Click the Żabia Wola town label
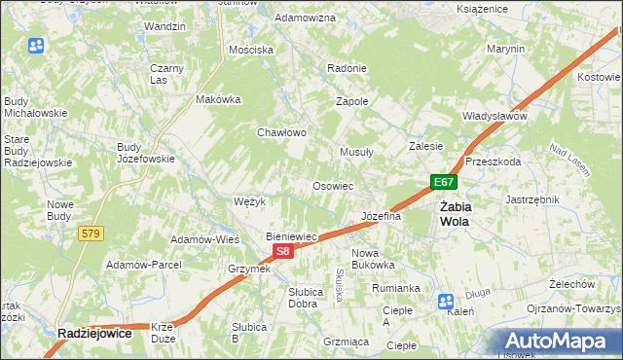[x=455, y=213]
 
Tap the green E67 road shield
[x=444, y=182]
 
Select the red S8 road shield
[x=281, y=251]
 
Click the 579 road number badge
[x=92, y=233]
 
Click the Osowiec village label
[x=332, y=185]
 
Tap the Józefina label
[x=382, y=216]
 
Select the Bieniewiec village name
[x=293, y=236]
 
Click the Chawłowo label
[x=282, y=132]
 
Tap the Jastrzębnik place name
[x=531, y=198]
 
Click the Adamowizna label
[x=306, y=18]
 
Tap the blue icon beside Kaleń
[x=445, y=301]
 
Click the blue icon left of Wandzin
[x=37, y=46]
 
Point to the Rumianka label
[x=395, y=288]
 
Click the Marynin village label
[x=506, y=49]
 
